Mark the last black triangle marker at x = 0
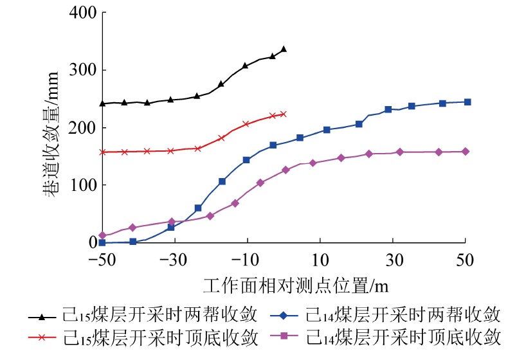click(x=284, y=49)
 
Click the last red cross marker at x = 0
click(x=283, y=114)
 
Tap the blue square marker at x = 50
click(x=467, y=102)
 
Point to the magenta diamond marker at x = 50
click(x=466, y=152)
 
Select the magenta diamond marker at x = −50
click(x=102, y=235)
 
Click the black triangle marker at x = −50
click(x=102, y=103)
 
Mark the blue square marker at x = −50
click(x=102, y=242)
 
